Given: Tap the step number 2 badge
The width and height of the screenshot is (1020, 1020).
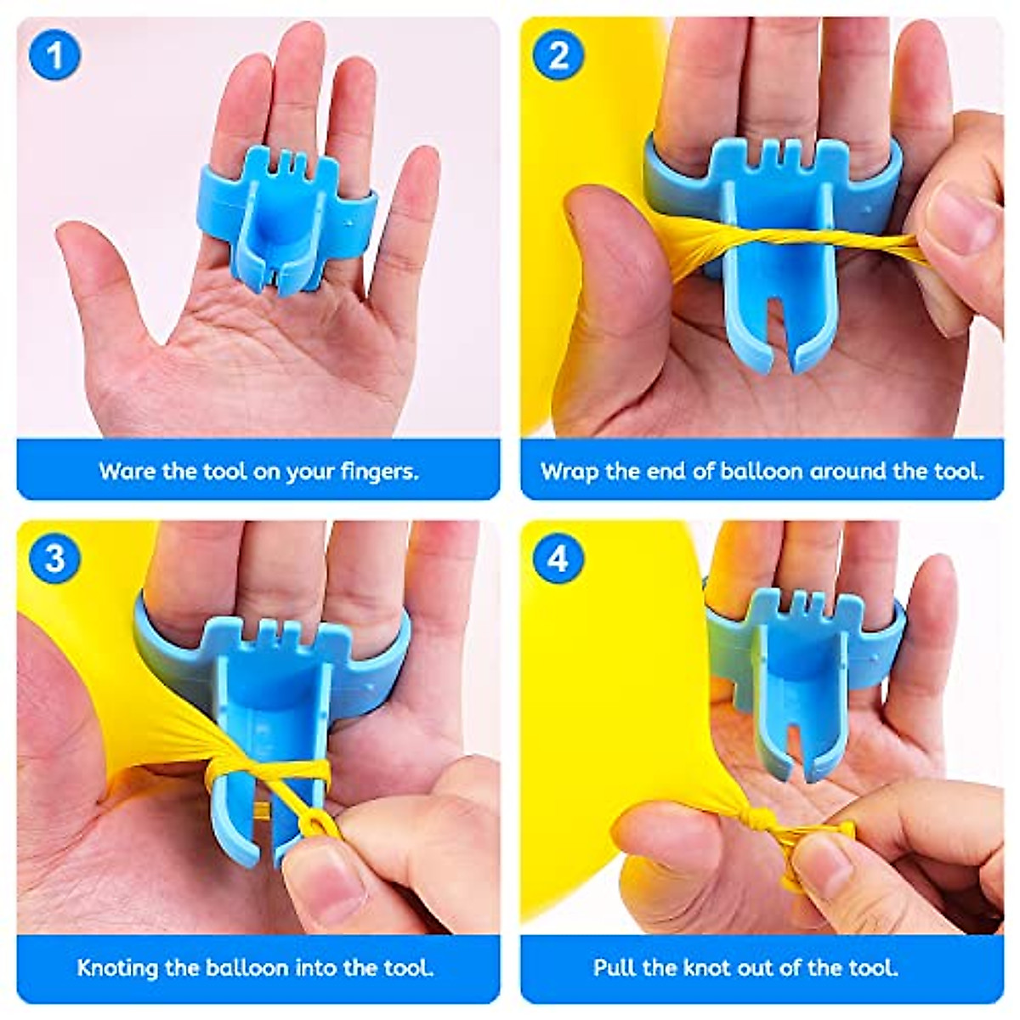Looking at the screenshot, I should coord(558,56).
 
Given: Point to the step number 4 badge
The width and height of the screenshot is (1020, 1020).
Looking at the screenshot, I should coord(558,558).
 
